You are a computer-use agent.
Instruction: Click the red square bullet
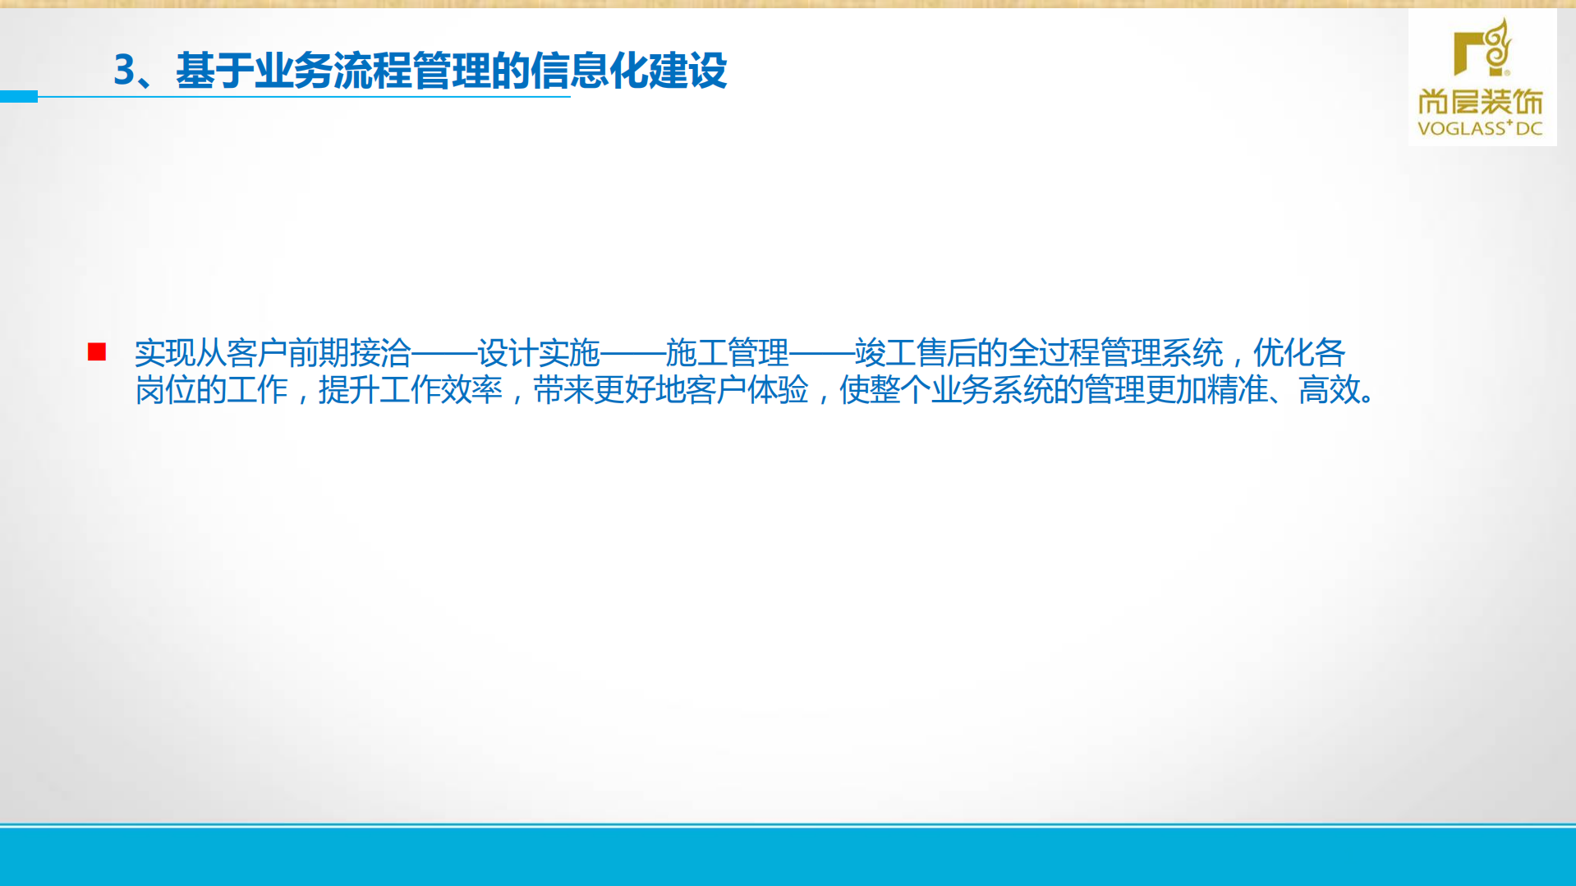coord(97,352)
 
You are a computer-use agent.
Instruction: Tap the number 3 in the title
coord(124,71)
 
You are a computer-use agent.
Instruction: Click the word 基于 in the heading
coord(214,71)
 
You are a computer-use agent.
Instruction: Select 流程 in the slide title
coord(372,71)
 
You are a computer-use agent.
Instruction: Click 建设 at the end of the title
coord(687,71)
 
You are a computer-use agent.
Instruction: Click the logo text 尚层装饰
coord(1481,103)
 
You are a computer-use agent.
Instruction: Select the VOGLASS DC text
coord(1481,128)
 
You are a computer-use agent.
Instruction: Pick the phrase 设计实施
coord(539,353)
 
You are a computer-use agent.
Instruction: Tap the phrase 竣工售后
coord(916,353)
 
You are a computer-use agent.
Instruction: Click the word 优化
coord(1284,353)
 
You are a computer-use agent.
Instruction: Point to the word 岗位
coord(165,390)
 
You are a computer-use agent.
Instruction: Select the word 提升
coord(349,390)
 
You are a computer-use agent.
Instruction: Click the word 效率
coord(471,390)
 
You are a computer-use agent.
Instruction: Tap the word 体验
coord(778,390)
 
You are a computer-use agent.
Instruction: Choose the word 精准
coord(1238,390)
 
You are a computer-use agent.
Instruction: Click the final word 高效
coord(1330,390)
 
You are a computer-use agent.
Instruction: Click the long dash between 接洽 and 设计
coord(444,354)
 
